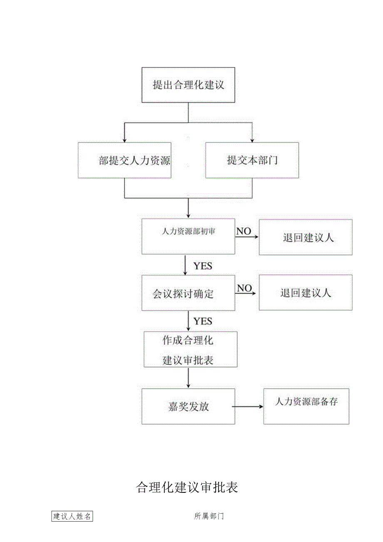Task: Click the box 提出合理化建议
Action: click(x=188, y=85)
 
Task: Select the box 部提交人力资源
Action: click(x=124, y=160)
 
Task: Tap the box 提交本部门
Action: click(x=252, y=160)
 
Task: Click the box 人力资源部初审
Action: click(x=188, y=236)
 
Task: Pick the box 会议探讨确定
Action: click(x=188, y=293)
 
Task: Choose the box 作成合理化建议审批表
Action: click(x=190, y=349)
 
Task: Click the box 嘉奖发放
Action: click(x=188, y=406)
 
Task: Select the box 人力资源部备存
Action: click(x=306, y=406)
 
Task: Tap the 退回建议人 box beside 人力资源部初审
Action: click(x=306, y=237)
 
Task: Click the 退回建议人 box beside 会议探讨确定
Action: click(x=306, y=293)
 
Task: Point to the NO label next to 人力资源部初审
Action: click(x=244, y=231)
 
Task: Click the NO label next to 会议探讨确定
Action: click(x=244, y=288)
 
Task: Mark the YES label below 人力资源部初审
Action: click(x=203, y=266)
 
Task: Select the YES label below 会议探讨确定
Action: click(x=203, y=321)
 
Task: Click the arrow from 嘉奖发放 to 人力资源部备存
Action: click(x=247, y=407)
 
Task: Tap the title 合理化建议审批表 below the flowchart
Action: click(x=187, y=487)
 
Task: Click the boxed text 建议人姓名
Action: click(x=72, y=516)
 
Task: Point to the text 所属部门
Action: click(x=209, y=516)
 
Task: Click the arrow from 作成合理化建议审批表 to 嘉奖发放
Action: click(x=188, y=377)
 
